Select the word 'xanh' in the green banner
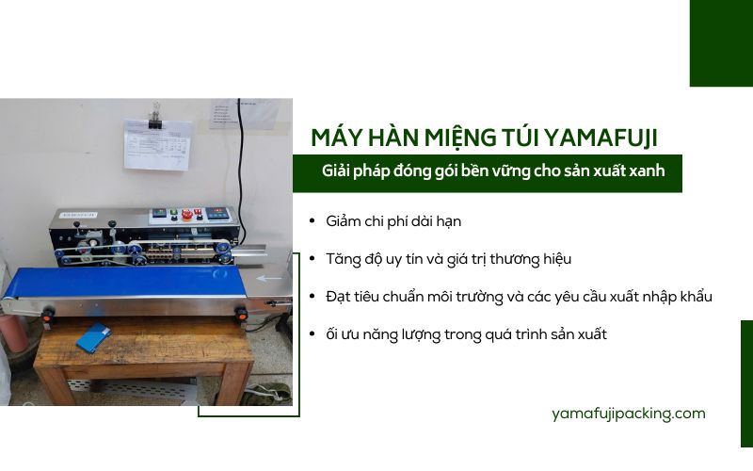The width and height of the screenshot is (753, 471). pyautogui.click(x=647, y=171)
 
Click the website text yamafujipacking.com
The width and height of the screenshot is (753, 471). pyautogui.click(x=629, y=414)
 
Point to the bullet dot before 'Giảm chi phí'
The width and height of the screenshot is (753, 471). pyautogui.click(x=312, y=221)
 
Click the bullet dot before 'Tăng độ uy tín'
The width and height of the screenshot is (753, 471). pyautogui.click(x=312, y=259)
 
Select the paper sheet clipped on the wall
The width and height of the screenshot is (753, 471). pyautogui.click(x=156, y=146)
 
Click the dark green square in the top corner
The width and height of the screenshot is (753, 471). pyautogui.click(x=721, y=42)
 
